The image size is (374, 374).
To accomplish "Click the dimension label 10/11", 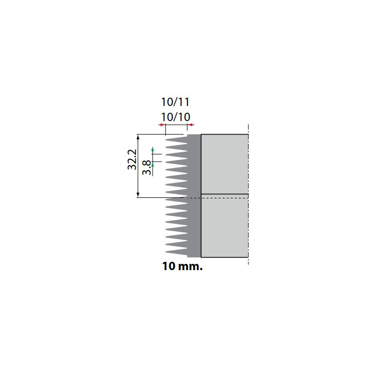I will click(x=175, y=102).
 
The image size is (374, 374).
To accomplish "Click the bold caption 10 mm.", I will click(x=182, y=267).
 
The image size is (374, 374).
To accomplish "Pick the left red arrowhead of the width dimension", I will click(x=162, y=125).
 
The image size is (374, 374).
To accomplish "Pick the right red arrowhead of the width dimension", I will click(x=190, y=125).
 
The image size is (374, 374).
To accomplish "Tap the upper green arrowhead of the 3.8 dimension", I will click(x=153, y=151).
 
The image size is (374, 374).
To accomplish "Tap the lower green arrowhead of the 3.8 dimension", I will click(x=153, y=164).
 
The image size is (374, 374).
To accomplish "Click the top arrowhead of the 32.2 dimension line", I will click(x=138, y=137).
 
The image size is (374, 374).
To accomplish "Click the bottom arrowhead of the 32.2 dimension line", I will click(x=138, y=195).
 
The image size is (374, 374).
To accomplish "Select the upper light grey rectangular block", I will click(x=224, y=164).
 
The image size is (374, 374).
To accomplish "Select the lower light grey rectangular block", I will click(x=224, y=226).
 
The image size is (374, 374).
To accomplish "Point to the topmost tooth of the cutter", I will click(x=177, y=140).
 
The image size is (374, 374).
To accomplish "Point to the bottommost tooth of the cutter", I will click(x=177, y=252).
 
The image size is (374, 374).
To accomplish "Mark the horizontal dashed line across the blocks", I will click(x=218, y=198).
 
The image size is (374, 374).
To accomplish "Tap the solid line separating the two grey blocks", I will click(x=224, y=194).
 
